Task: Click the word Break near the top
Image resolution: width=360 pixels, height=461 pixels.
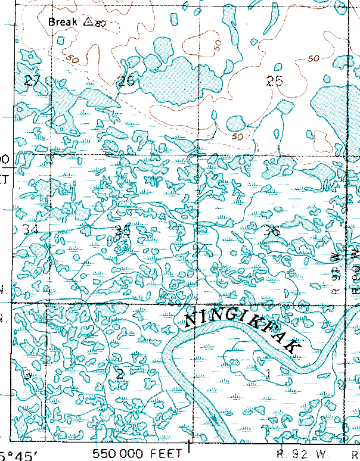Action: click(64, 22)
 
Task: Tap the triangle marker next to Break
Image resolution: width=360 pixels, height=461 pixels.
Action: click(88, 21)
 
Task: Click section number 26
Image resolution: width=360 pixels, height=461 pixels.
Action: click(126, 81)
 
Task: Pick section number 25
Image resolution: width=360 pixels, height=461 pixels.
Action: click(274, 81)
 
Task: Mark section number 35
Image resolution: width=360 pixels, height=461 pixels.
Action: click(123, 231)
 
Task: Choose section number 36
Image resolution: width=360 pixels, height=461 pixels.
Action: click(272, 231)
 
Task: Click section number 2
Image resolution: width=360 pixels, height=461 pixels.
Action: click(120, 374)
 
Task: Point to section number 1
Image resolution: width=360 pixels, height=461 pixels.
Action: click(268, 374)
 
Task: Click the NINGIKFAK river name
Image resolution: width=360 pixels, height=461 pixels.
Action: click(244, 331)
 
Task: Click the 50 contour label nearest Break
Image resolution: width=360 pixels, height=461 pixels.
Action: click(73, 60)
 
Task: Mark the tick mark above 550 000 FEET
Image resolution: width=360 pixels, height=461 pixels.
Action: click(190, 444)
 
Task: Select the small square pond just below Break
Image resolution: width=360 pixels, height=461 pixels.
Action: click(61, 40)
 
